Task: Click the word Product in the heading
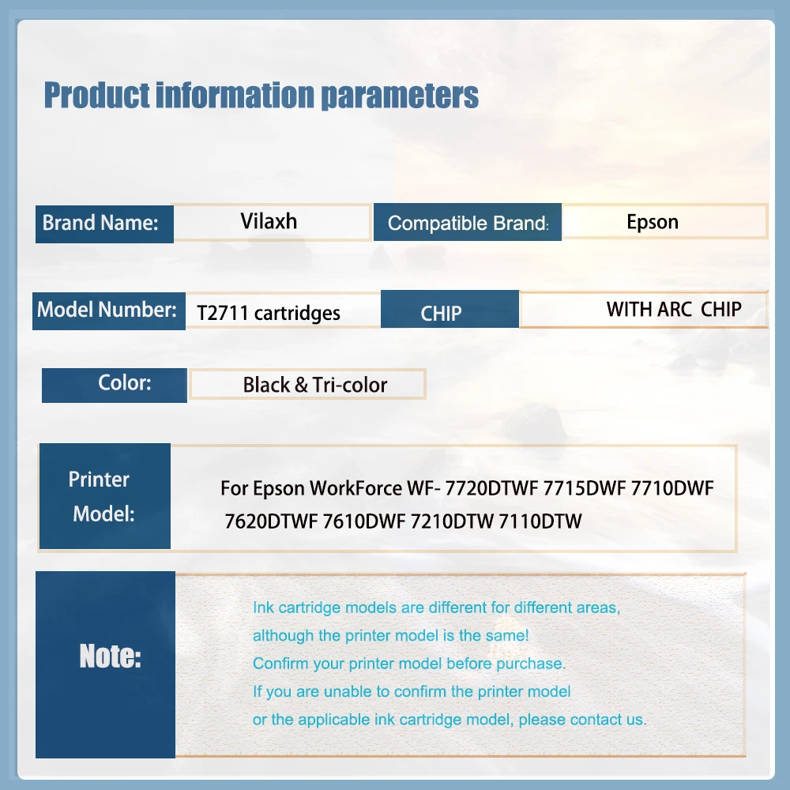[x=96, y=95]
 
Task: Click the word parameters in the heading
[x=400, y=96]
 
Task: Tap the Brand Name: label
[x=100, y=223]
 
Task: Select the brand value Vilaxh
[x=269, y=221]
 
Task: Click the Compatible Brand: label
[x=468, y=223]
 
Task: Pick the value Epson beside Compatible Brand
[x=653, y=222]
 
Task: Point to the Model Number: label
[x=107, y=310]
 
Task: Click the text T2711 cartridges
[x=269, y=314]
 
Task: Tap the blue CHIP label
[x=441, y=314]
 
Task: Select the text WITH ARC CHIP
[x=674, y=309]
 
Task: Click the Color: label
[x=125, y=383]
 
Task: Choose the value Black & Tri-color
[x=315, y=385]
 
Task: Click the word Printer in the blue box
[x=99, y=480]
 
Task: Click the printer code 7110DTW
[x=540, y=521]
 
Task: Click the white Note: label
[x=111, y=656]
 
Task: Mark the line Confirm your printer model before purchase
[x=409, y=664]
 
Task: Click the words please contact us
[x=582, y=720]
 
